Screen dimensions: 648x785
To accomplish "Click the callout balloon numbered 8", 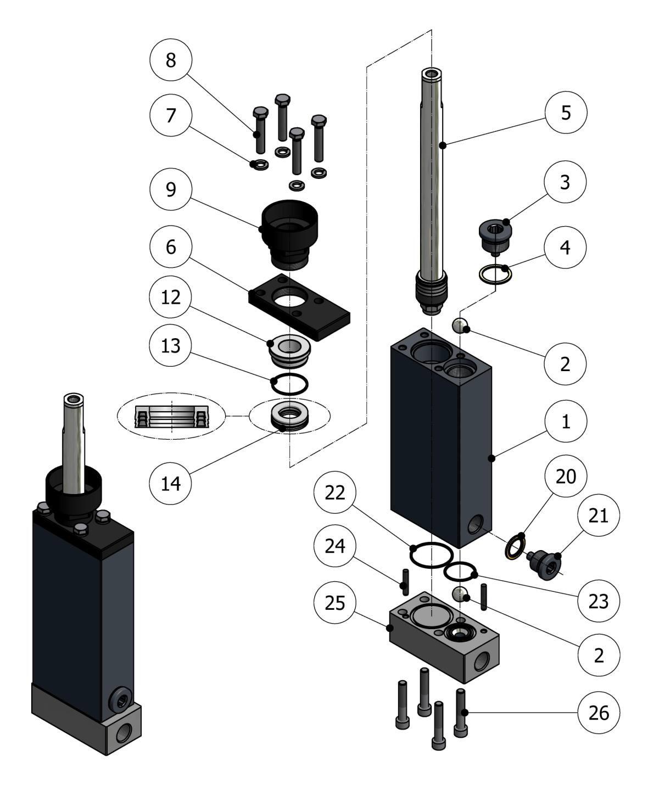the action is pyautogui.click(x=171, y=60).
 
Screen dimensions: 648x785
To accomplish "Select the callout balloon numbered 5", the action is pyautogui.click(x=566, y=113).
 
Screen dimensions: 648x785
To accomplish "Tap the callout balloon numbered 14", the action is pyautogui.click(x=171, y=483).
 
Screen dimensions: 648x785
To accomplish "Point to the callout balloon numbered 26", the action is pyautogui.click(x=599, y=713).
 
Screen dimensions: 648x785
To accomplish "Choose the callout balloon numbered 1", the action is pyautogui.click(x=566, y=421).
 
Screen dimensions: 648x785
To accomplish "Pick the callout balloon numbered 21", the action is pyautogui.click(x=599, y=515).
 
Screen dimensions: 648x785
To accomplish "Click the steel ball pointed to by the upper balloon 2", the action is pyautogui.click(x=460, y=326).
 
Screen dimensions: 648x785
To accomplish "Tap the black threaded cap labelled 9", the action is pyautogui.click(x=290, y=234).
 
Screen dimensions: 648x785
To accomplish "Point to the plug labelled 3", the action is pyautogui.click(x=495, y=238).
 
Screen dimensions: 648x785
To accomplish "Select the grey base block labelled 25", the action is pyautogui.click(x=444, y=637).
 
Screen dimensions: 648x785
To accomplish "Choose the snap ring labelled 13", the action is pyautogui.click(x=289, y=384).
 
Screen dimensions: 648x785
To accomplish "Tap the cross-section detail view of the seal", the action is pyautogui.click(x=171, y=416).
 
